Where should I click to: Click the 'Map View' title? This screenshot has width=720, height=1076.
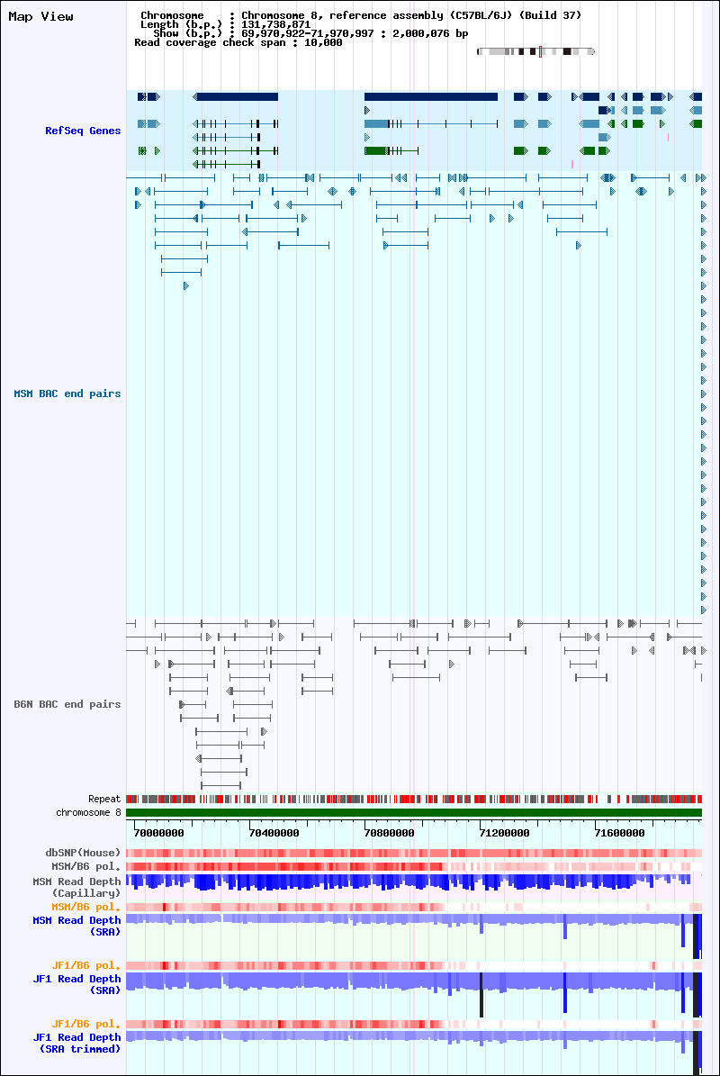(40, 16)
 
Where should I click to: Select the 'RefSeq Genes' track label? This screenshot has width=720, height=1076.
(83, 131)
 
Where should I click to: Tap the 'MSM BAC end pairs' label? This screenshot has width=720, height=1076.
(67, 393)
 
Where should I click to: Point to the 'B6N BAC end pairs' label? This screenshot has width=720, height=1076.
(67, 704)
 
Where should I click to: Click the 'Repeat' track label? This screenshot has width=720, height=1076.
(104, 799)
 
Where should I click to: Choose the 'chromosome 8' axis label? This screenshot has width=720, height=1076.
(88, 812)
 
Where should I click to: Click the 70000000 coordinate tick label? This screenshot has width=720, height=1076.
(158, 833)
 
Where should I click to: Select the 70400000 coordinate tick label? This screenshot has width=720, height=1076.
(274, 833)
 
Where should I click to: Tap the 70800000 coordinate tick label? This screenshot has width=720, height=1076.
(389, 833)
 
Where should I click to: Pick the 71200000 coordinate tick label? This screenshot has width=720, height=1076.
(504, 833)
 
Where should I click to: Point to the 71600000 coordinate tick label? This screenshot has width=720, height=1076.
(619, 833)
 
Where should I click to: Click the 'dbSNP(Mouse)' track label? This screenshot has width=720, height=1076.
(83, 853)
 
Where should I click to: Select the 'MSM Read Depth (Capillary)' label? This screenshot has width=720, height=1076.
(76, 887)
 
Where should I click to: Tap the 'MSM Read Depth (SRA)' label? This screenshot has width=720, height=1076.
(76, 926)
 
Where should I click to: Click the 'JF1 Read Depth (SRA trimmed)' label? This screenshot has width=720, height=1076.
(76, 1043)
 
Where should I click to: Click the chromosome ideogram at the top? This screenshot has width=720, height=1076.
(535, 51)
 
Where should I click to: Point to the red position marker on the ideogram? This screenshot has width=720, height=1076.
(540, 51)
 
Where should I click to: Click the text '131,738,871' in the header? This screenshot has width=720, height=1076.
(275, 24)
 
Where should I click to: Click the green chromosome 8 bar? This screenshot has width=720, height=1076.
(414, 812)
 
